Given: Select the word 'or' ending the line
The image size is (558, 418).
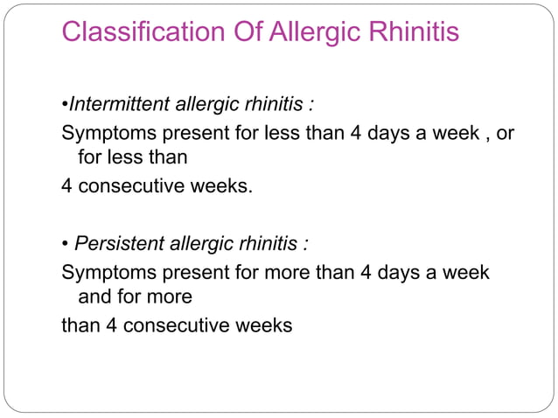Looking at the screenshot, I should tap(505, 136).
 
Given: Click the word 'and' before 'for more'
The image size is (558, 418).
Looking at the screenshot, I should tap(96, 297).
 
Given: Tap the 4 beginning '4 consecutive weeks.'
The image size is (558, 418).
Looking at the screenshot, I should tap(66, 186).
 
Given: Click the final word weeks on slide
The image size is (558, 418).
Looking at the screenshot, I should tap(262, 326).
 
